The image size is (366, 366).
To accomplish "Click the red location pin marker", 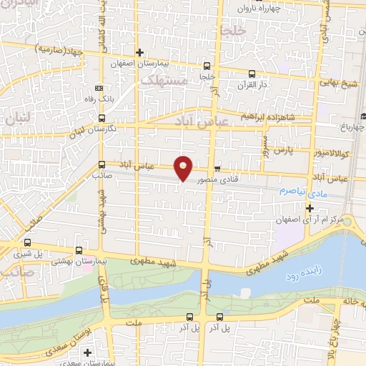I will tap(184, 168).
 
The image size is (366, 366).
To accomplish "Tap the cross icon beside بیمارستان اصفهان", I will tap(140, 53).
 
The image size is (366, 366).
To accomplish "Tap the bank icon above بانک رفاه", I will tap(99, 88).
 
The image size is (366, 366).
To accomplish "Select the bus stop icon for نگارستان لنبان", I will tap(102, 119).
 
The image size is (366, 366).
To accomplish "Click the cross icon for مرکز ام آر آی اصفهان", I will tap(309, 208).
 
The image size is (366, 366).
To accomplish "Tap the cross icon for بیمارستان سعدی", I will tap(87, 352).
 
